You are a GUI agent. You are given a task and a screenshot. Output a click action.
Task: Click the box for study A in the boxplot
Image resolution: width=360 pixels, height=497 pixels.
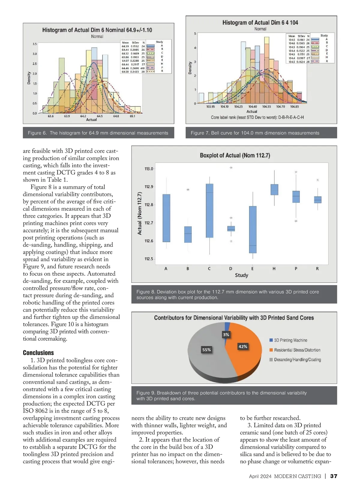(166, 218)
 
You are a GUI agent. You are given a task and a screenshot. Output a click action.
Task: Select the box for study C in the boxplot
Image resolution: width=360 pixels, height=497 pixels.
(209, 211)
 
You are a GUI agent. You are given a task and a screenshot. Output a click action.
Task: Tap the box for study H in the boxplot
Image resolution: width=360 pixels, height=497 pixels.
(274, 190)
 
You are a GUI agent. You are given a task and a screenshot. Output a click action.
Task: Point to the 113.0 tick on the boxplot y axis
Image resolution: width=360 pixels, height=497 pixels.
(149, 169)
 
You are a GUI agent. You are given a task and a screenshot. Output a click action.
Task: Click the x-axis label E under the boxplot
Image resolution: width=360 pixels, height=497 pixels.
(252, 269)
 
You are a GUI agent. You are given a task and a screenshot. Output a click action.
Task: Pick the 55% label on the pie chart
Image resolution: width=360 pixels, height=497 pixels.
(206, 350)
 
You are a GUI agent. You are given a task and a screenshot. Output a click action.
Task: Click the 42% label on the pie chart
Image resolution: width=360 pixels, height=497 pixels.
(243, 346)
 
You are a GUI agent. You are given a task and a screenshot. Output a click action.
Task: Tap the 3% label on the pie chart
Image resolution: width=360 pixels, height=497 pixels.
(226, 334)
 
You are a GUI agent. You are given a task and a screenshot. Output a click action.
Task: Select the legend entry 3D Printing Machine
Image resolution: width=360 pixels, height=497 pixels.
(290, 340)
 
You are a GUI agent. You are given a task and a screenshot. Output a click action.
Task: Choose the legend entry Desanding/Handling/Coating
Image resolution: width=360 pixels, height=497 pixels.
(297, 360)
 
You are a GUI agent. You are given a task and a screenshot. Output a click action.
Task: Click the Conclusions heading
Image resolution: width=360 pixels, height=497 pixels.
(38, 353)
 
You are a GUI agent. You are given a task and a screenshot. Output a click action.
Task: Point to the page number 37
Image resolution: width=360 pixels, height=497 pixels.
(334, 476)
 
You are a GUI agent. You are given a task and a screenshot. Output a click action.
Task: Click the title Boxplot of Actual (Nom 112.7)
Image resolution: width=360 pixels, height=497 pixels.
(235, 155)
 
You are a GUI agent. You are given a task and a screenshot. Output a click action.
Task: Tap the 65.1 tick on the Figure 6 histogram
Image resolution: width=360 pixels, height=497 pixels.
(132, 116)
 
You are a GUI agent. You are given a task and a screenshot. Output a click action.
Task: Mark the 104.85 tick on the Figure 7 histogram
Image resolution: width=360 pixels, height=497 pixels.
(294, 106)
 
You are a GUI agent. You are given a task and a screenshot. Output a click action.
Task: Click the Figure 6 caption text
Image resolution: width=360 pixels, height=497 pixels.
(98, 133)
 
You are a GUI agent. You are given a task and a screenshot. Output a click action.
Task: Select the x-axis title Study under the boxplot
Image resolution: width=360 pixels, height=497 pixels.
(241, 275)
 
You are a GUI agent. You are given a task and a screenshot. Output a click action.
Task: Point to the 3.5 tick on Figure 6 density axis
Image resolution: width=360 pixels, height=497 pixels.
(35, 44)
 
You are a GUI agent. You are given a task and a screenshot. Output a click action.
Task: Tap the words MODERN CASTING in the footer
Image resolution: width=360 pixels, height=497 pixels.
(297, 476)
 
